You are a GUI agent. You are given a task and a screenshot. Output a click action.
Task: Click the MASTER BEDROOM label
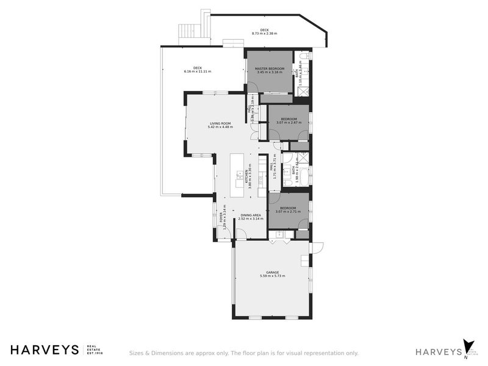pos(270,68)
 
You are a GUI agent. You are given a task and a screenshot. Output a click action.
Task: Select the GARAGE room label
pos(272,273)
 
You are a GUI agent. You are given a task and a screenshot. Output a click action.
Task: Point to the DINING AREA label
pos(251,215)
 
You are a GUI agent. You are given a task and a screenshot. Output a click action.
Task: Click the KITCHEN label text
pos(246,177)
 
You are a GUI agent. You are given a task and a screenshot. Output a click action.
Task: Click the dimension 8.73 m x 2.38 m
pos(264,34)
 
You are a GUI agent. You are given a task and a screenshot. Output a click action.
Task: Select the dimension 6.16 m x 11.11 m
pos(197,72)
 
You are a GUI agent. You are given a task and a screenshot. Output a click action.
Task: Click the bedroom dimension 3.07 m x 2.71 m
pos(289,212)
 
